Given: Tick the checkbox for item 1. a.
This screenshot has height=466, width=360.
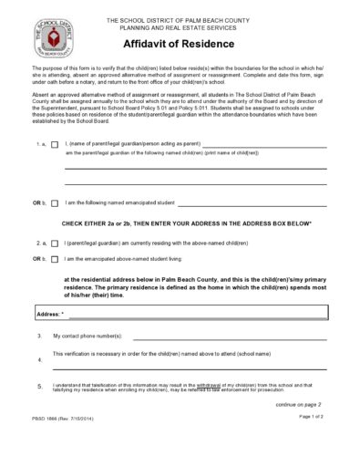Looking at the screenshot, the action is pos(55,145).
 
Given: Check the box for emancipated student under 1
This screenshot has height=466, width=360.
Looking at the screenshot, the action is pos(55,203).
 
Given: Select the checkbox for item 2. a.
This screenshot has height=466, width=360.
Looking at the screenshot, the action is pos(55,244).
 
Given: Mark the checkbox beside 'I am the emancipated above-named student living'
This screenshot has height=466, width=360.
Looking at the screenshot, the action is pos(55,260).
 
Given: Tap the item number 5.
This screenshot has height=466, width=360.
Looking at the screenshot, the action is pos(39,387).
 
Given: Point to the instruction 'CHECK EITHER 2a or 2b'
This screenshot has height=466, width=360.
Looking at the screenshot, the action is pos(187,223).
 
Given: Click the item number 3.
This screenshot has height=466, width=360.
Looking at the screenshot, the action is pos(39,337).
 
